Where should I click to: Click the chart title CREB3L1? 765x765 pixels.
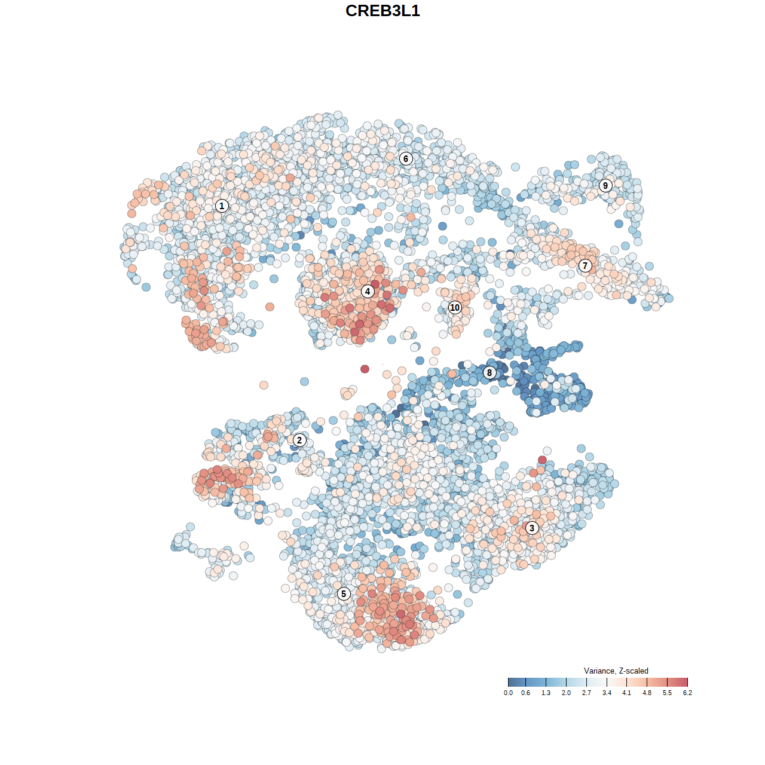382,11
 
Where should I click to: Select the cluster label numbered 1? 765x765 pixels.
222,206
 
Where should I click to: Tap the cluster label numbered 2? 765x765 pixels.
299,440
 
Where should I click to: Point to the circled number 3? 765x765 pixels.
531,528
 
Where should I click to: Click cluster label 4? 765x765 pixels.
368,291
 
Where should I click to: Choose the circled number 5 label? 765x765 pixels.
344,593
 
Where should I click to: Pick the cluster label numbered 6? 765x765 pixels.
406,158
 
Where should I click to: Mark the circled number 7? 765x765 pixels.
585,265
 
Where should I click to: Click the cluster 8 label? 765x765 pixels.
489,372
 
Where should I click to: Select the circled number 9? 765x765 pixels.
605,185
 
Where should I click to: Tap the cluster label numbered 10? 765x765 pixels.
455,307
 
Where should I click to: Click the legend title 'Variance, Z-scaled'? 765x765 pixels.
616,671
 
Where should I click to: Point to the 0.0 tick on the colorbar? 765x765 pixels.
508,693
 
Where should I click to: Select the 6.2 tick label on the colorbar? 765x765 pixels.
687,693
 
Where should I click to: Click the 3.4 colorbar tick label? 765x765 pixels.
607,693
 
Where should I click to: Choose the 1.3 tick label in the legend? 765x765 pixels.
546,693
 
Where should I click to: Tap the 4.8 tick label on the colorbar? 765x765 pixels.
647,693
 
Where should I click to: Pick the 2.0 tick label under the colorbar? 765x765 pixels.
566,693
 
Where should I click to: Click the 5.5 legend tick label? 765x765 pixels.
667,693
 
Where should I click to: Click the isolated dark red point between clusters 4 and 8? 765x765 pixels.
365,369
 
